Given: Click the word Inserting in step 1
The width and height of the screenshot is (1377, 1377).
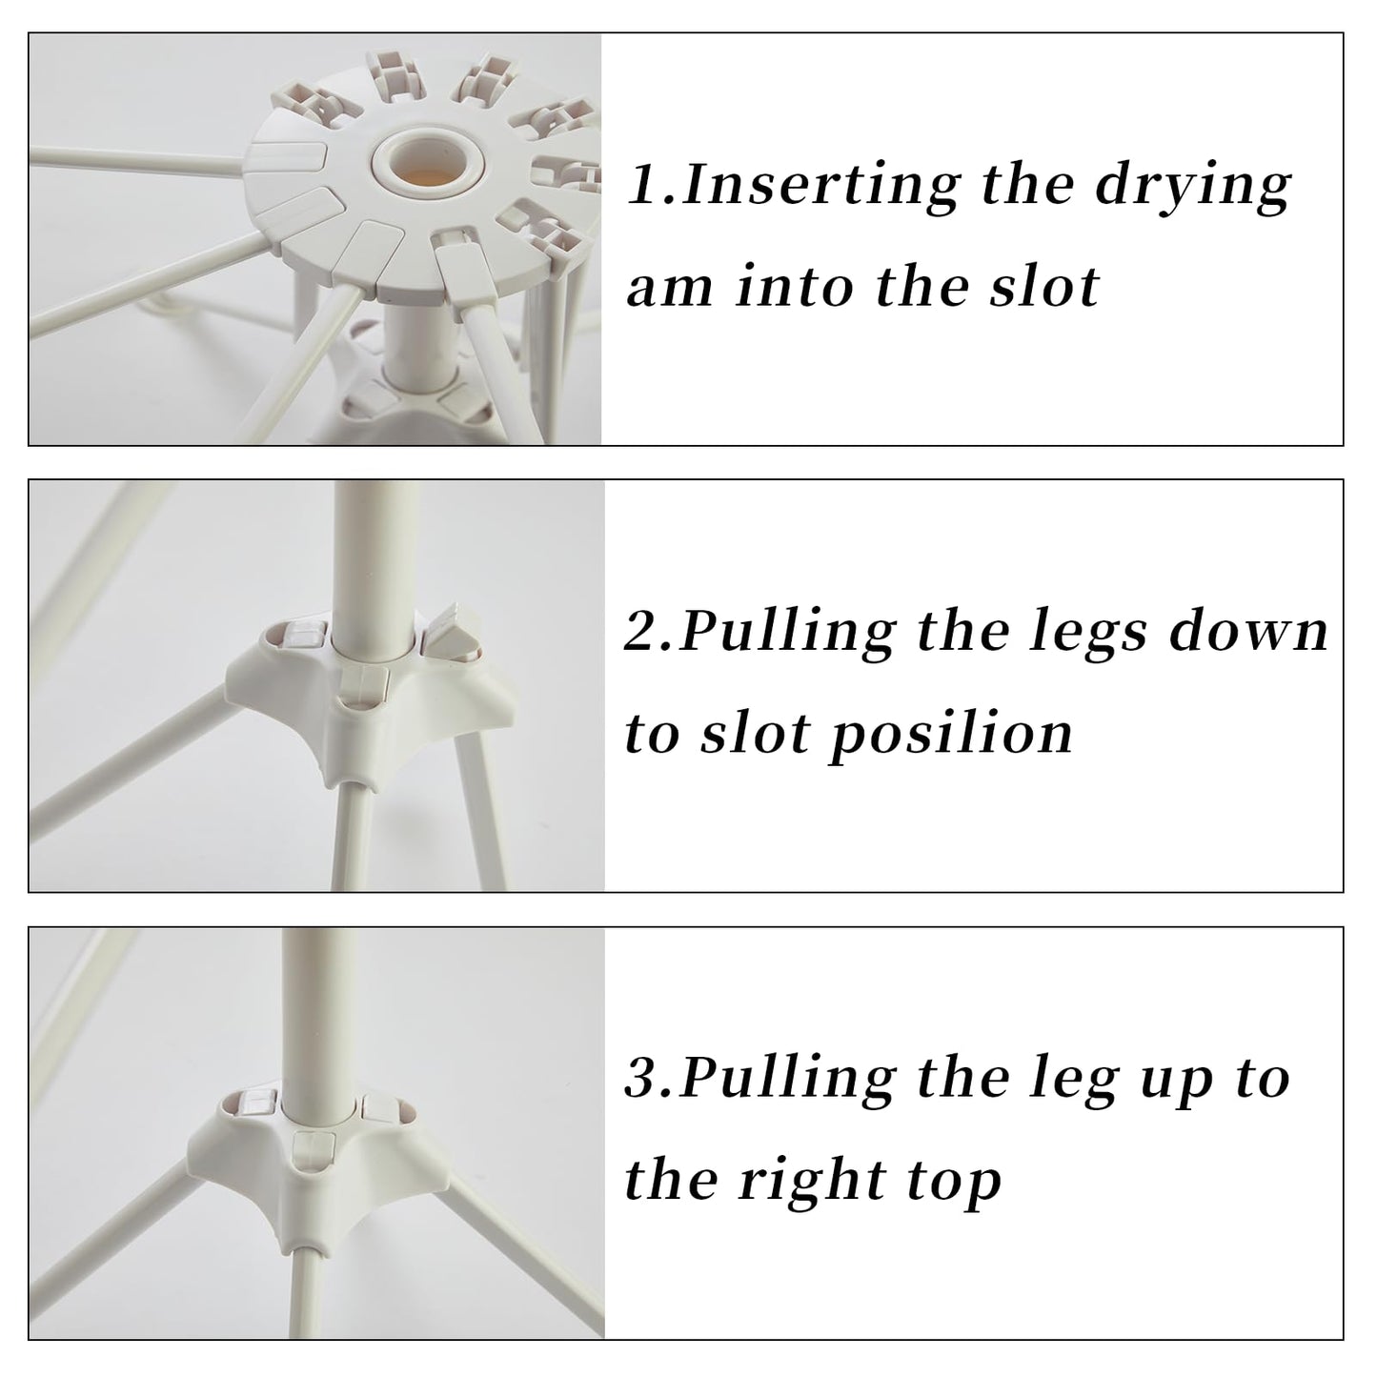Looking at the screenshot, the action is [x=821, y=184].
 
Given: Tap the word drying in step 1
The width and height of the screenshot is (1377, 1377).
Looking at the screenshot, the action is [x=1193, y=186].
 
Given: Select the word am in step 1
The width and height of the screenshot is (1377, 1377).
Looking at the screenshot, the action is [x=670, y=287].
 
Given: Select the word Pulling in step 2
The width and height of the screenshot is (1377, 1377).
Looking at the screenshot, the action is [x=787, y=633].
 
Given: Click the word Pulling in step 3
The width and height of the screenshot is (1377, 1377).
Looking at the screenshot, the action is [x=787, y=1080].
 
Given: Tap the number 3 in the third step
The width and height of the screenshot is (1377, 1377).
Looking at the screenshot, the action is [x=642, y=1080].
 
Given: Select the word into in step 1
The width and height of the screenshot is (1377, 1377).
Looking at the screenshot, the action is [x=795, y=286].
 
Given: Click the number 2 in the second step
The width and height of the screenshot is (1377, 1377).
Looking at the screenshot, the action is [x=641, y=632].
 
